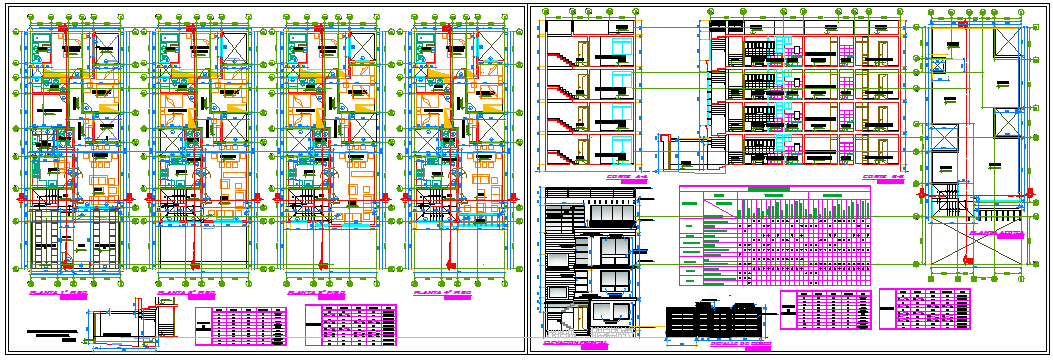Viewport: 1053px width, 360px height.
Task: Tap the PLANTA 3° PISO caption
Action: coord(317,294)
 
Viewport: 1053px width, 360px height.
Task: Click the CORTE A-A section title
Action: coord(627,178)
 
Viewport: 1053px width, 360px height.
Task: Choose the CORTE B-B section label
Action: coord(883,178)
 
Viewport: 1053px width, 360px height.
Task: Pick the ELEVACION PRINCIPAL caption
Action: coord(574,342)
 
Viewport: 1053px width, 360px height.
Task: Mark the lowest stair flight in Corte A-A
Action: coord(566,151)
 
